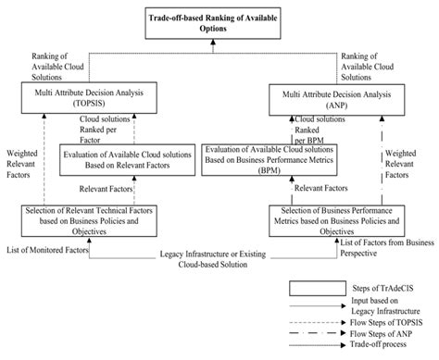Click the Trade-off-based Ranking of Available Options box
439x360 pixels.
(x=219, y=22)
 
